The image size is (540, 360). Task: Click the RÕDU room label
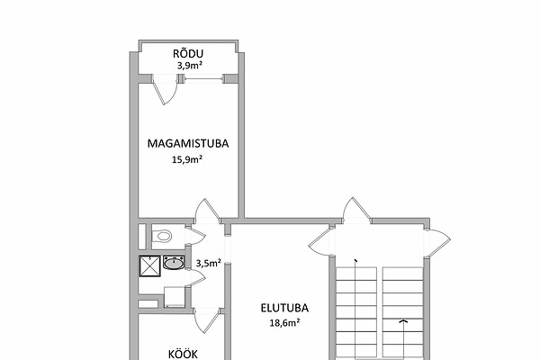[188, 54]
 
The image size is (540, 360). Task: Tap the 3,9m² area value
[189, 66]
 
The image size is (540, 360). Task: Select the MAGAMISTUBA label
[188, 143]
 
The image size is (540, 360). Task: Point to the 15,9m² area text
[186, 159]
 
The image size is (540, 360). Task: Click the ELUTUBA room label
[284, 308]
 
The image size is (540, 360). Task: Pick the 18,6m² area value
[284, 323]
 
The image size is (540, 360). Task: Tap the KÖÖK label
[183, 354]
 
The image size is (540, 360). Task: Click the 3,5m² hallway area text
[209, 263]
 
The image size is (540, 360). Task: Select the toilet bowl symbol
[162, 236]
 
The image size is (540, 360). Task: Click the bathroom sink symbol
[174, 263]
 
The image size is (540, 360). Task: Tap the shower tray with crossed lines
[150, 265]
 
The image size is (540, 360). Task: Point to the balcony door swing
[165, 90]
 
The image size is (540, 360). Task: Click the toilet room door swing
[195, 236]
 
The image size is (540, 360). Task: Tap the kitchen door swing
[207, 321]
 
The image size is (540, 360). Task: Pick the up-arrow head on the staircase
[403, 321]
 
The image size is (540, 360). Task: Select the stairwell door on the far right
[438, 243]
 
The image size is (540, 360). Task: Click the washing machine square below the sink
[175, 297]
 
